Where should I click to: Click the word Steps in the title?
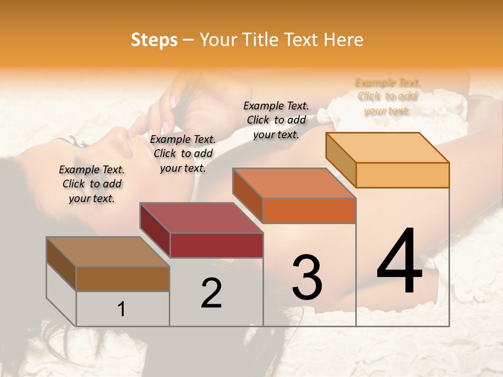tap(154, 40)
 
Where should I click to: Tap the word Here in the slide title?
tap(343, 40)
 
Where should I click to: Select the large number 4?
tap(399, 262)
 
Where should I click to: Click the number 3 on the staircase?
tap(307, 278)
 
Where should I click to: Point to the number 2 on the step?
tap(211, 293)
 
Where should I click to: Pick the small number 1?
tap(122, 309)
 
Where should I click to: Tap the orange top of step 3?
tap(293, 183)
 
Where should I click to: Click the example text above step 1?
tap(92, 184)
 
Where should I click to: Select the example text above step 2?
tap(183, 153)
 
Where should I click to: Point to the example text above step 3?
tap(276, 120)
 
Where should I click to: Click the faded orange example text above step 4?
tap(388, 96)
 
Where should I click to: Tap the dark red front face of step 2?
tap(216, 245)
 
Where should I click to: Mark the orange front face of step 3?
tap(309, 210)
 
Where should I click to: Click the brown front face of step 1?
tap(123, 279)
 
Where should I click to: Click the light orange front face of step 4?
tap(402, 175)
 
